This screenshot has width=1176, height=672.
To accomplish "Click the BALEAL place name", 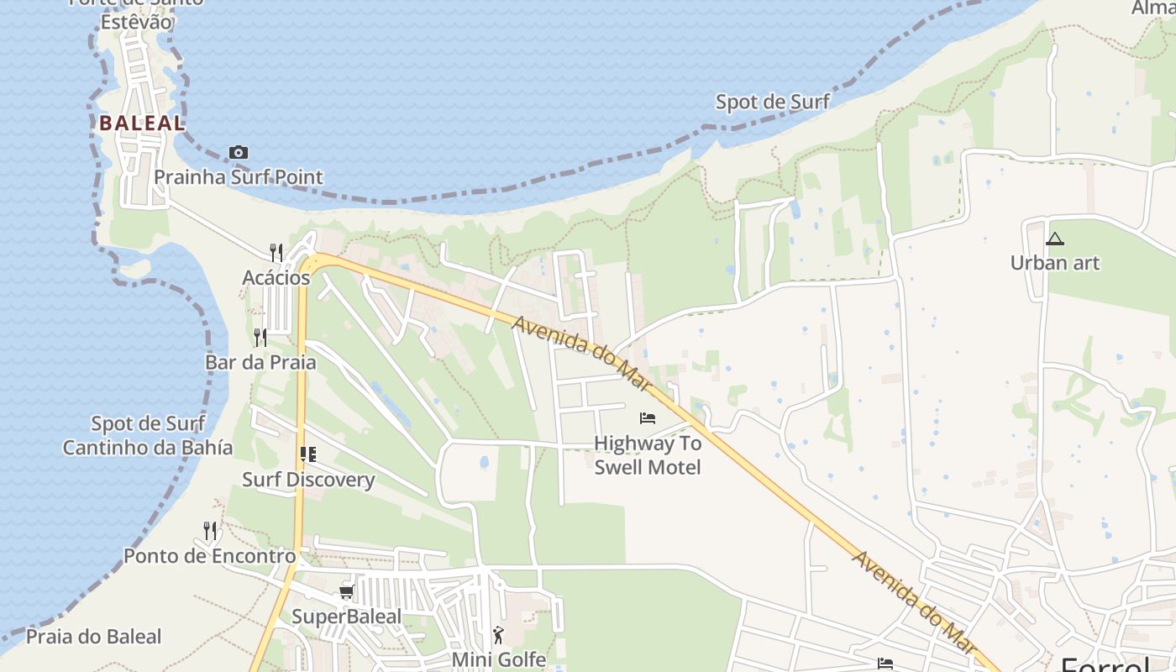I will tap(141, 123).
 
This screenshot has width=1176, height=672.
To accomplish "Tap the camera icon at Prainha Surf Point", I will tap(239, 152).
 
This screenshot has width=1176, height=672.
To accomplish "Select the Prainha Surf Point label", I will tap(239, 177).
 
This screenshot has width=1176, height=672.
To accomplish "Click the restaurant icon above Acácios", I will tap(276, 251).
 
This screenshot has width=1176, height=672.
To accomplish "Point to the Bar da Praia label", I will tap(260, 363).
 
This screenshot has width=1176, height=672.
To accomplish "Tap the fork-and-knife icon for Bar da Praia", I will tap(260, 337).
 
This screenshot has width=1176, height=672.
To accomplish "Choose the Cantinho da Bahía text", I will tap(148, 448).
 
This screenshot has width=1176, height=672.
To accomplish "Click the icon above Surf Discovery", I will tap(308, 454).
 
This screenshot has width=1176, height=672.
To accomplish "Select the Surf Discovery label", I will tap(308, 480).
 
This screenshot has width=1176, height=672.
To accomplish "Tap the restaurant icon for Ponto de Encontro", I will tap(210, 530).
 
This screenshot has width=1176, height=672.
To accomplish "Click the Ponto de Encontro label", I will tap(210, 556).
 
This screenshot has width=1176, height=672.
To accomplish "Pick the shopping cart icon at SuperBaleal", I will tap(346, 592).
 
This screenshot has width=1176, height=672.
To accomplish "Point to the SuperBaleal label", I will tap(346, 617).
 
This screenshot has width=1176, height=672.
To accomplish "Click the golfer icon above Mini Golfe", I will tap(499, 635).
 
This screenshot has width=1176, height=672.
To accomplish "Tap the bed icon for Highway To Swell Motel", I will tap(648, 417).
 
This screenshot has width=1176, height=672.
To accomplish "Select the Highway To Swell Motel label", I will tap(648, 454).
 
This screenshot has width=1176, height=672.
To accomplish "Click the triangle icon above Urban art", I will tap(1055, 239).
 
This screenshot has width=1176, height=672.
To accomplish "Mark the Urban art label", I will tap(1055, 263).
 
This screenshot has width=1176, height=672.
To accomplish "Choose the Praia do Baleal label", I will tap(93, 637).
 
